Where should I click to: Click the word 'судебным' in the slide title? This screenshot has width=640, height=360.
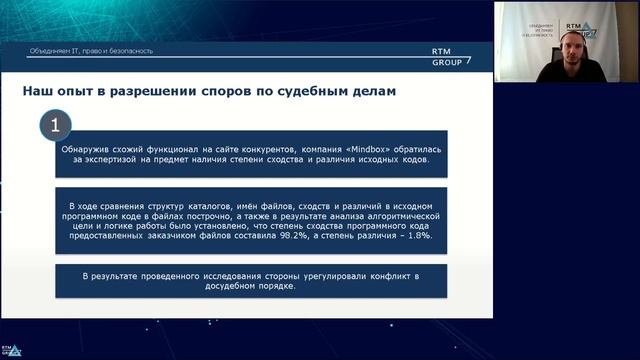coord(304,92)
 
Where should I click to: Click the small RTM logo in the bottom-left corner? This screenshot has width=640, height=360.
coord(13,350)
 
